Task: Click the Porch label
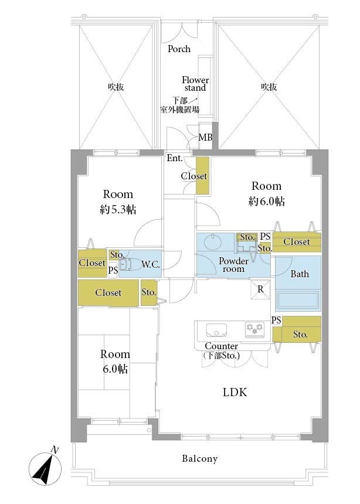tap(179, 49)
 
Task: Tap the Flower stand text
tap(195, 84)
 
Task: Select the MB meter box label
tap(205, 137)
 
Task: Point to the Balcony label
tap(199, 458)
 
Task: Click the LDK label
tap(235, 392)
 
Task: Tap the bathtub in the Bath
tap(298, 300)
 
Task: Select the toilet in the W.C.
tap(128, 264)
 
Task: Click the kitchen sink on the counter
tap(216, 330)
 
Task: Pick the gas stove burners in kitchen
tap(254, 329)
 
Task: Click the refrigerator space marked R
tap(260, 290)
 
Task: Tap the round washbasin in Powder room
tap(213, 241)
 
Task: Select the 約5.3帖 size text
tap(118, 210)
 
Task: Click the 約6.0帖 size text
tap(266, 201)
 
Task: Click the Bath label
tap(300, 274)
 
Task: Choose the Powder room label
tap(233, 265)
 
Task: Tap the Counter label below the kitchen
tap(222, 346)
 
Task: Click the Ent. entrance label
tap(175, 158)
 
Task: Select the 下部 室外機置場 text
tap(179, 105)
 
